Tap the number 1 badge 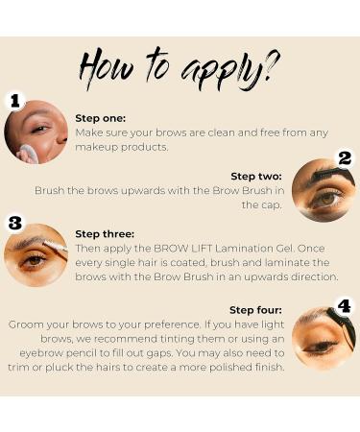pyautogui.click(x=15, y=101)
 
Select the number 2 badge pyautogui.click(x=345, y=158)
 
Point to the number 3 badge pyautogui.click(x=15, y=223)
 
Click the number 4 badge pyautogui.click(x=345, y=306)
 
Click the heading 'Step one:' pyautogui.click(x=101, y=118)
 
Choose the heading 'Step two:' pyautogui.click(x=256, y=177)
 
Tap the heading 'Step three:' pyautogui.click(x=105, y=234)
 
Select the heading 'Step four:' pyautogui.click(x=255, y=310)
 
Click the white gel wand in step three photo pyautogui.click(x=55, y=247)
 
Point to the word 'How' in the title pyautogui.click(x=105, y=68)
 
